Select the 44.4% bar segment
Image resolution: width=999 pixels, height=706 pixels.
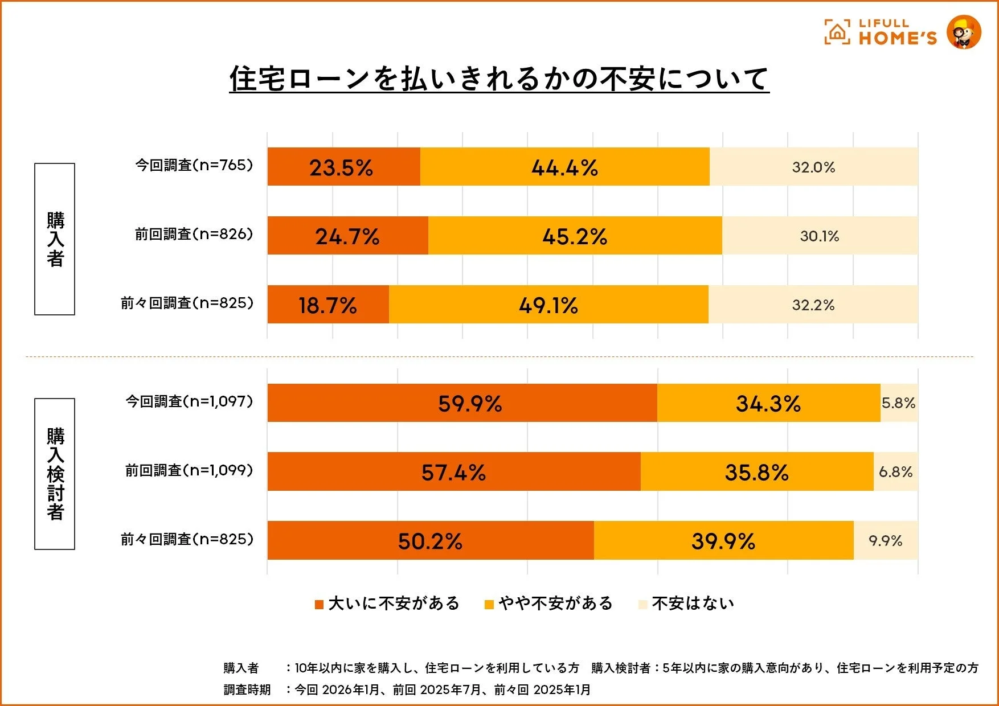(x=564, y=167)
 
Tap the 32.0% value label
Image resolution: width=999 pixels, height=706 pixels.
(x=813, y=167)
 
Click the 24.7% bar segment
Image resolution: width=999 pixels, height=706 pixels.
(x=347, y=236)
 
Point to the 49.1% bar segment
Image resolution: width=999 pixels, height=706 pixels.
(x=548, y=305)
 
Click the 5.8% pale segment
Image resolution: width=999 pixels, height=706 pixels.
(x=899, y=403)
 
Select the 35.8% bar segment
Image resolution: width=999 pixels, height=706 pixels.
(x=756, y=472)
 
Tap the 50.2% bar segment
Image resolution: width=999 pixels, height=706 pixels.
(x=430, y=540)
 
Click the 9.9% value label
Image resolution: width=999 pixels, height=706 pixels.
(x=885, y=541)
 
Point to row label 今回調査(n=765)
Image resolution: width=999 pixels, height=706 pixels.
(x=194, y=165)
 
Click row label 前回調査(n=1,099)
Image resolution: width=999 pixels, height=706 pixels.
(x=189, y=470)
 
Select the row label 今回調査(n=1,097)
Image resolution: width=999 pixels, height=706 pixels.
(x=189, y=401)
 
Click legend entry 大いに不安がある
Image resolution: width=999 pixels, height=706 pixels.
(x=387, y=604)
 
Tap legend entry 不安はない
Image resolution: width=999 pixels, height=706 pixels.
(x=687, y=604)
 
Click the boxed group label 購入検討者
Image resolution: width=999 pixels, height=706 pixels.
(x=55, y=474)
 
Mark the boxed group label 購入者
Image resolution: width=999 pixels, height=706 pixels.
(x=55, y=239)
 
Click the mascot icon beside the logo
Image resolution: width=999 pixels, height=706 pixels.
(x=964, y=32)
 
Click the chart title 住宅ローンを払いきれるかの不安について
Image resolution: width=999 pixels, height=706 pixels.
(x=499, y=79)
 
